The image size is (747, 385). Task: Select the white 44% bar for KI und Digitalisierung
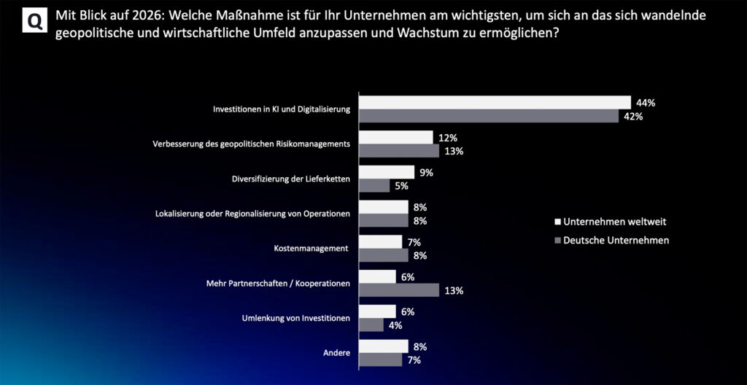[x=495, y=103]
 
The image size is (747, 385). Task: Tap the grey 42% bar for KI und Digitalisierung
[x=488, y=117]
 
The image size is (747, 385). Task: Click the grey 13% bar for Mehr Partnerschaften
[x=399, y=290]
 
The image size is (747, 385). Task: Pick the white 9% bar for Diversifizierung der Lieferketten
[x=387, y=172]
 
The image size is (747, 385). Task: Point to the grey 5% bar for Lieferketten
[x=374, y=186]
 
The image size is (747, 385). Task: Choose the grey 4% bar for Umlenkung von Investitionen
[x=371, y=325]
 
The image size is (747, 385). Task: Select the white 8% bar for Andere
[x=384, y=346]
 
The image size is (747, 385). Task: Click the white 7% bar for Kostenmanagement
[x=381, y=241]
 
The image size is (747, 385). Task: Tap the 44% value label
[x=646, y=103]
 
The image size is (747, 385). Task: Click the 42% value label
[x=633, y=117]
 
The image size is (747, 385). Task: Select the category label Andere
[x=336, y=353]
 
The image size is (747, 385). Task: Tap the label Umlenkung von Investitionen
[x=296, y=318]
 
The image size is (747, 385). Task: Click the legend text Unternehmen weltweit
[x=614, y=221]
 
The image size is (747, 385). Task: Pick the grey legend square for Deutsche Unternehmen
[x=558, y=239]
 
